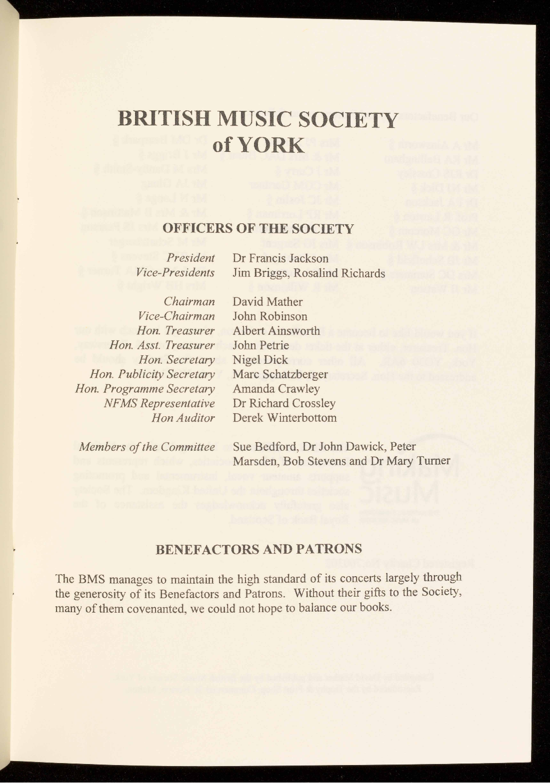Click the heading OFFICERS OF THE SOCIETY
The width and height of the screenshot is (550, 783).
(258, 229)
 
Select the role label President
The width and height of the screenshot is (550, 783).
(190, 258)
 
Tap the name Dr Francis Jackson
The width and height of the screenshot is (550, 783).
(280, 258)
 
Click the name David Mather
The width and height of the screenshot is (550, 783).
(267, 302)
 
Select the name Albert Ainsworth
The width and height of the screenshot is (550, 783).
(276, 331)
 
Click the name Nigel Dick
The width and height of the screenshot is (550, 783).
(260, 360)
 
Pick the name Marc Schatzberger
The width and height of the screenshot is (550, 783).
(280, 374)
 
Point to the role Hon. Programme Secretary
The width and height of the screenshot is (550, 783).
(144, 389)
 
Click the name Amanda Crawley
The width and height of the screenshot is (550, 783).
(276, 389)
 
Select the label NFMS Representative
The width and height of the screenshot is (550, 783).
(159, 403)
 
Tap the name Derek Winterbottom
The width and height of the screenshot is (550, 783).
(284, 418)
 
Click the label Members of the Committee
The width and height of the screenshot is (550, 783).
(147, 446)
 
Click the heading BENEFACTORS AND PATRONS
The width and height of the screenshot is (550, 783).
(259, 549)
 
